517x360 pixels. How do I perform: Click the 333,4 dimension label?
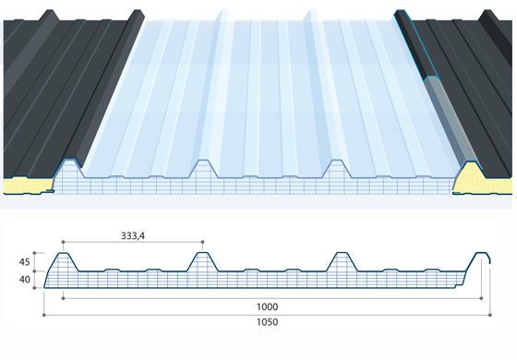[133, 235]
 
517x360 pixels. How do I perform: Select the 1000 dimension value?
[267, 306]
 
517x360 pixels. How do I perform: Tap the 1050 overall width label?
[267, 322]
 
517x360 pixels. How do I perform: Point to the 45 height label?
[24, 262]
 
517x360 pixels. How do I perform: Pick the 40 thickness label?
[24, 280]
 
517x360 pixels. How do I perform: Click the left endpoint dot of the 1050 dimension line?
[44, 315]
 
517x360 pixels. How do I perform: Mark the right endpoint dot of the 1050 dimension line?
[490, 315]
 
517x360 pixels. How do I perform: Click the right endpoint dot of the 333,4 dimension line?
[202, 242]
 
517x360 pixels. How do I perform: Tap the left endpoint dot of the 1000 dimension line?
[63, 298]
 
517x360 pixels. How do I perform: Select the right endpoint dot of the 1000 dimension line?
[481, 298]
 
